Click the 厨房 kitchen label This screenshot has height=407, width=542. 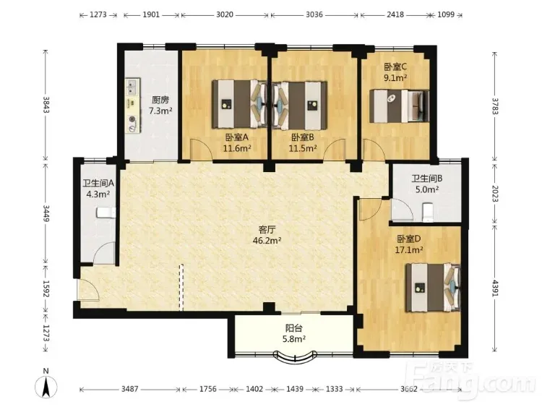click(x=160, y=100)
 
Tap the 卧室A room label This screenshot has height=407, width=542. click(x=237, y=137)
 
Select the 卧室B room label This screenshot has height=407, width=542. click(x=303, y=137)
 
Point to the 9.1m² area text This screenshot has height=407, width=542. click(x=395, y=77)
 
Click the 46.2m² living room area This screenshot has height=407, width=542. click(x=267, y=240)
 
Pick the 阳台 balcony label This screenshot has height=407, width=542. click(x=294, y=328)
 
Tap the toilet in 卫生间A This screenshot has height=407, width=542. click(x=106, y=213)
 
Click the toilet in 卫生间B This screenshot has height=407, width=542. click(x=428, y=212)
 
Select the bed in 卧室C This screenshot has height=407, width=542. click(x=399, y=106)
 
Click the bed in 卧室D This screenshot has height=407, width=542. click(x=433, y=288)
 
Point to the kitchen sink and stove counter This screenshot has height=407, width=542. click(x=133, y=106)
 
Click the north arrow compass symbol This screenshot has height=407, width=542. click(x=46, y=386)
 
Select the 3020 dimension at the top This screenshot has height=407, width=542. click(x=225, y=14)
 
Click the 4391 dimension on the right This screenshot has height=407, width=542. click(x=494, y=288)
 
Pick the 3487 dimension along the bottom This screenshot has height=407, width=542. click(x=129, y=389)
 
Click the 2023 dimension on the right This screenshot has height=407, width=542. click(x=494, y=193)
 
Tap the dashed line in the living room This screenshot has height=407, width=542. click(x=181, y=287)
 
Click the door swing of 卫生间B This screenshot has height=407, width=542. click(x=402, y=210)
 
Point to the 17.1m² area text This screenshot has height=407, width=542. click(x=409, y=249)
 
